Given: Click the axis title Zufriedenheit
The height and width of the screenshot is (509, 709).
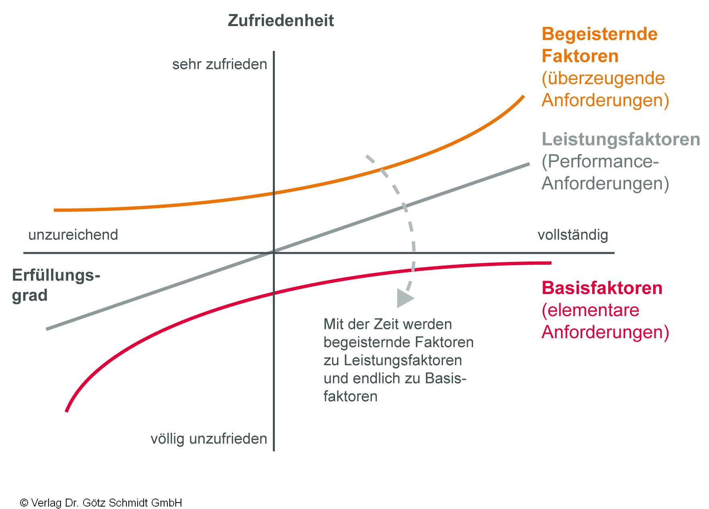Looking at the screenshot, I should coord(280,20).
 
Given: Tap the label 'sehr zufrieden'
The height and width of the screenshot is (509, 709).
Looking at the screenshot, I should coord(219,64).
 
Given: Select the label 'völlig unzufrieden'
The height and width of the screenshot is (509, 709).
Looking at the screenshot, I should coord(209,439).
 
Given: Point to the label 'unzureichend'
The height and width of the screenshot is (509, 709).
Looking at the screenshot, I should coord(73,235).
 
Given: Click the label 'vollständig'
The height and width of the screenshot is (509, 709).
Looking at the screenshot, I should coord(573,235).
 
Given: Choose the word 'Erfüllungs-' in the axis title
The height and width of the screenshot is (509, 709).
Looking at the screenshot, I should coord(56,276).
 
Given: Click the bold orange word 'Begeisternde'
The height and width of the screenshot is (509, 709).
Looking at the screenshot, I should coord(599,34).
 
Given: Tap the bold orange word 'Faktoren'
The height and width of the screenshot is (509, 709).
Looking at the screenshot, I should coord(580,56).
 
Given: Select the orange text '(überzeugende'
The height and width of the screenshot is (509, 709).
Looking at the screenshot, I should coord(603,78).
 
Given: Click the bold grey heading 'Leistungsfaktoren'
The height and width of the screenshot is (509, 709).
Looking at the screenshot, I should coord(621,139).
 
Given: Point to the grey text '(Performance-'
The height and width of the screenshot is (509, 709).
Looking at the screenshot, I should coord(600,161).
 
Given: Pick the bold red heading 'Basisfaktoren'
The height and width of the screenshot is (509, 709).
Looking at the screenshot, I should coord(602,288).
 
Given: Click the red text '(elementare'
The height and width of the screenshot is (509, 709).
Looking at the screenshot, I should coord(590,310).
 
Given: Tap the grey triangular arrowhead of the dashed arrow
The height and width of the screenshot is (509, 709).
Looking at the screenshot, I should coord(404,298).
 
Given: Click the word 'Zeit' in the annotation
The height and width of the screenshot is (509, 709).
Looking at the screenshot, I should coord(386,324).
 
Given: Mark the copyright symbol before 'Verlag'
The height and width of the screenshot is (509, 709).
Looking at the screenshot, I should coord(24,503).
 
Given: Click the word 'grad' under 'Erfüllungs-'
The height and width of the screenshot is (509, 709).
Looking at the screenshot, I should coord(30,296).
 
